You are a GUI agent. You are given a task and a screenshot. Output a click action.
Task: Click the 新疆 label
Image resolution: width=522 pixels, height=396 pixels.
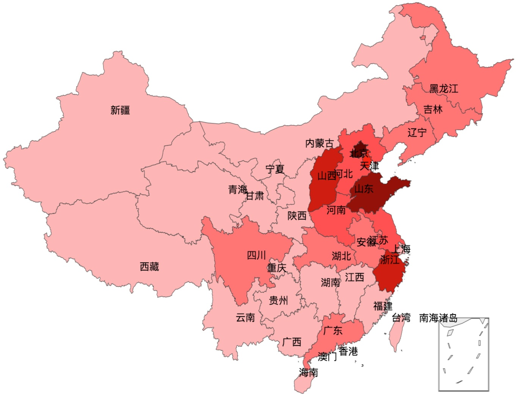click(120, 110)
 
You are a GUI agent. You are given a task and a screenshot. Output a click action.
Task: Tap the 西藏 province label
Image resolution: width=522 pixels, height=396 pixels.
click(149, 267)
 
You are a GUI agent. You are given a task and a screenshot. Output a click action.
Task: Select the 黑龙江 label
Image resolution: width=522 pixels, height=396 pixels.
click(444, 89)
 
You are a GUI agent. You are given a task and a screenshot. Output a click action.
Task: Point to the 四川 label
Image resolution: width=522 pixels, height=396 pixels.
click(256, 255)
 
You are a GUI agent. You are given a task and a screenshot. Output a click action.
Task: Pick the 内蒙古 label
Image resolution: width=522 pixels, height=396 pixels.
click(320, 143)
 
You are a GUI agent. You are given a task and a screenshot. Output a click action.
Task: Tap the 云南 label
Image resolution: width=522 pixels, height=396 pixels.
click(245, 318)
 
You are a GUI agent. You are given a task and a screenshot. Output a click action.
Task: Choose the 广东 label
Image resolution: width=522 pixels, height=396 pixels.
click(333, 330)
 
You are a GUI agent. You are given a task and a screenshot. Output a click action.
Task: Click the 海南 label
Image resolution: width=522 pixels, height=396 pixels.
click(308, 373)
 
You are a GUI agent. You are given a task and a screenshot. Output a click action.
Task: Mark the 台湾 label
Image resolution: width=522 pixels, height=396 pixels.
click(401, 318)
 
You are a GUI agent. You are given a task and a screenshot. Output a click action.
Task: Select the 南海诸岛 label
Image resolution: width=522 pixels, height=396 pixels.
click(438, 318)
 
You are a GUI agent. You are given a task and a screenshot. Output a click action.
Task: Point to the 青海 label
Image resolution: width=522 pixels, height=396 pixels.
click(238, 189)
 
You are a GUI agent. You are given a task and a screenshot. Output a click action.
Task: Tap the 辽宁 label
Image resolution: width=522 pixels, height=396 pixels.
click(417, 133)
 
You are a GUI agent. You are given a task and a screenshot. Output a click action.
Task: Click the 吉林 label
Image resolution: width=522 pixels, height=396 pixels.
click(433, 110)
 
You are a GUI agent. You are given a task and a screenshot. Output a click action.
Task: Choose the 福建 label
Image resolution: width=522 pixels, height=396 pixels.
click(382, 306)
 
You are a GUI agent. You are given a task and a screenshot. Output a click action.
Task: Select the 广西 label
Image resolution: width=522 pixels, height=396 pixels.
click(292, 342)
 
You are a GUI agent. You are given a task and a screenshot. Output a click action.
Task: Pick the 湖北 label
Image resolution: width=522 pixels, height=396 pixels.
click(341, 256)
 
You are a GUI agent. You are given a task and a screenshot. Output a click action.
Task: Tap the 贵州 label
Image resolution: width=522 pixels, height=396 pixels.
click(278, 301)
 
